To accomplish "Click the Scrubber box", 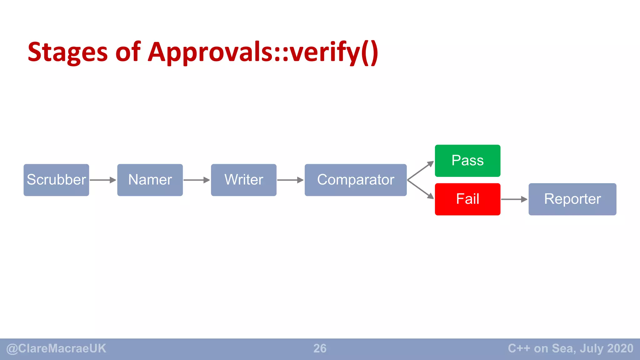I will pos(56,180).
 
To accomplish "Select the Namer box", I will pos(150,180).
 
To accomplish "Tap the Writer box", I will pos(244,180).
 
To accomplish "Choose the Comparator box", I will pos(356,180).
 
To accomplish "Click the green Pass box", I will pos(467,161).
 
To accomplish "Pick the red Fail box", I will pos(467,199).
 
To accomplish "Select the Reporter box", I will pos(572,199).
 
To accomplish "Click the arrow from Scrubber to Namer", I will pos(103,180).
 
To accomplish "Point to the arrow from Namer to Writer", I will pos(197,180).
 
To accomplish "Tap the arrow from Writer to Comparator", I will pos(290,180).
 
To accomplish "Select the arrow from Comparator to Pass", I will pos(421,171).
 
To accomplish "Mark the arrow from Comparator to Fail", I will pos(421,189).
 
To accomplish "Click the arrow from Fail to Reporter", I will pos(514,199).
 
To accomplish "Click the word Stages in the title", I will pos(67,52).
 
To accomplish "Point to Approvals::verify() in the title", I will pos(263,52).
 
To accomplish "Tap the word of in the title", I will pos(128,52).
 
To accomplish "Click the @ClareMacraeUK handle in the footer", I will pos(56,348).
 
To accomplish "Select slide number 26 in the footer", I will pos(320,348).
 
